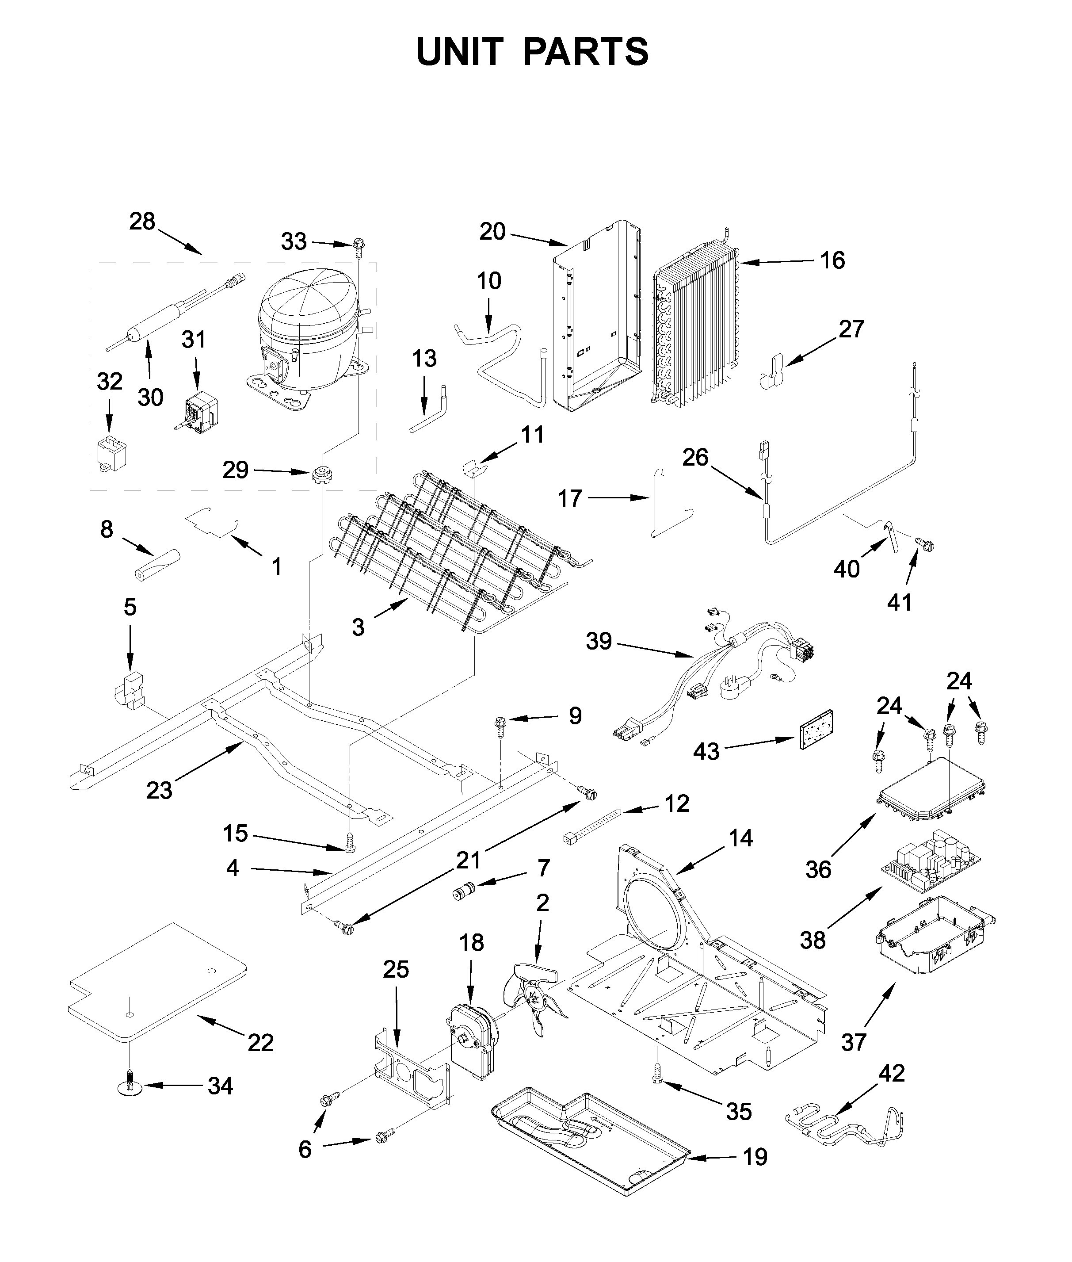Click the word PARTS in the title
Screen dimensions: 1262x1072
pos(586,52)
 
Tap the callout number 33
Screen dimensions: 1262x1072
pos(294,242)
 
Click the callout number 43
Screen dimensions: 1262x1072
pos(706,751)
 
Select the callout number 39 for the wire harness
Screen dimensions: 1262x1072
pos(599,641)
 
